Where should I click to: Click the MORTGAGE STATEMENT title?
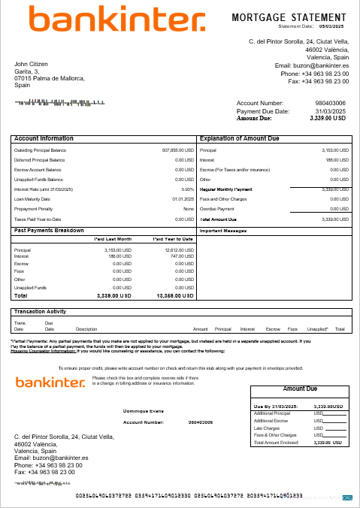(x=289, y=16)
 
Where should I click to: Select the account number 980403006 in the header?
(x=330, y=103)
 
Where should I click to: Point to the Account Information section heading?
(x=44, y=139)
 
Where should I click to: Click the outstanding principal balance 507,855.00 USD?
(x=177, y=150)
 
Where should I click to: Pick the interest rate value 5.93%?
(x=187, y=189)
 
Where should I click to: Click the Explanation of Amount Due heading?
(x=239, y=139)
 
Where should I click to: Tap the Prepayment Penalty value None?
(x=188, y=209)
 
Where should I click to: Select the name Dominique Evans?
(x=142, y=411)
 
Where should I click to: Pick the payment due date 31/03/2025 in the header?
(x=330, y=111)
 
